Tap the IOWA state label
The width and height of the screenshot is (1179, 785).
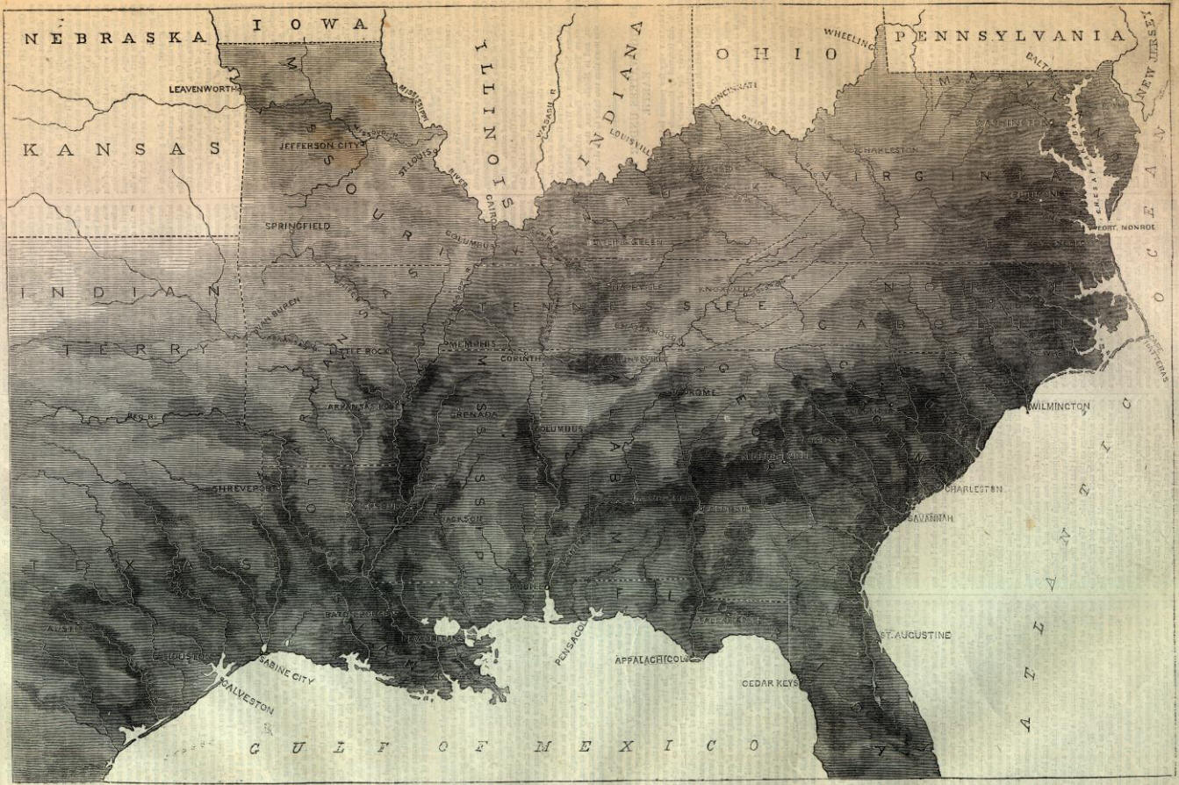[x=311, y=25]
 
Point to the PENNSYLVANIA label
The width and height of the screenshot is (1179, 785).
[x=1010, y=36]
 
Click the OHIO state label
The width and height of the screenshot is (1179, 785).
[x=776, y=54]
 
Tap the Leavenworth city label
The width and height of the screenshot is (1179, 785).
[x=205, y=90]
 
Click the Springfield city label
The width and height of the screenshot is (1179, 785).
[x=298, y=226]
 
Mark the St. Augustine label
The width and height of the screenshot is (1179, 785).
[x=916, y=634]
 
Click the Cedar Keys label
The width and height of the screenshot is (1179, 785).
[x=771, y=682]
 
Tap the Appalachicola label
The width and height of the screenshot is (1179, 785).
[x=649, y=659]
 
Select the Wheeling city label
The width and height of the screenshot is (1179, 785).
[x=849, y=37]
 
